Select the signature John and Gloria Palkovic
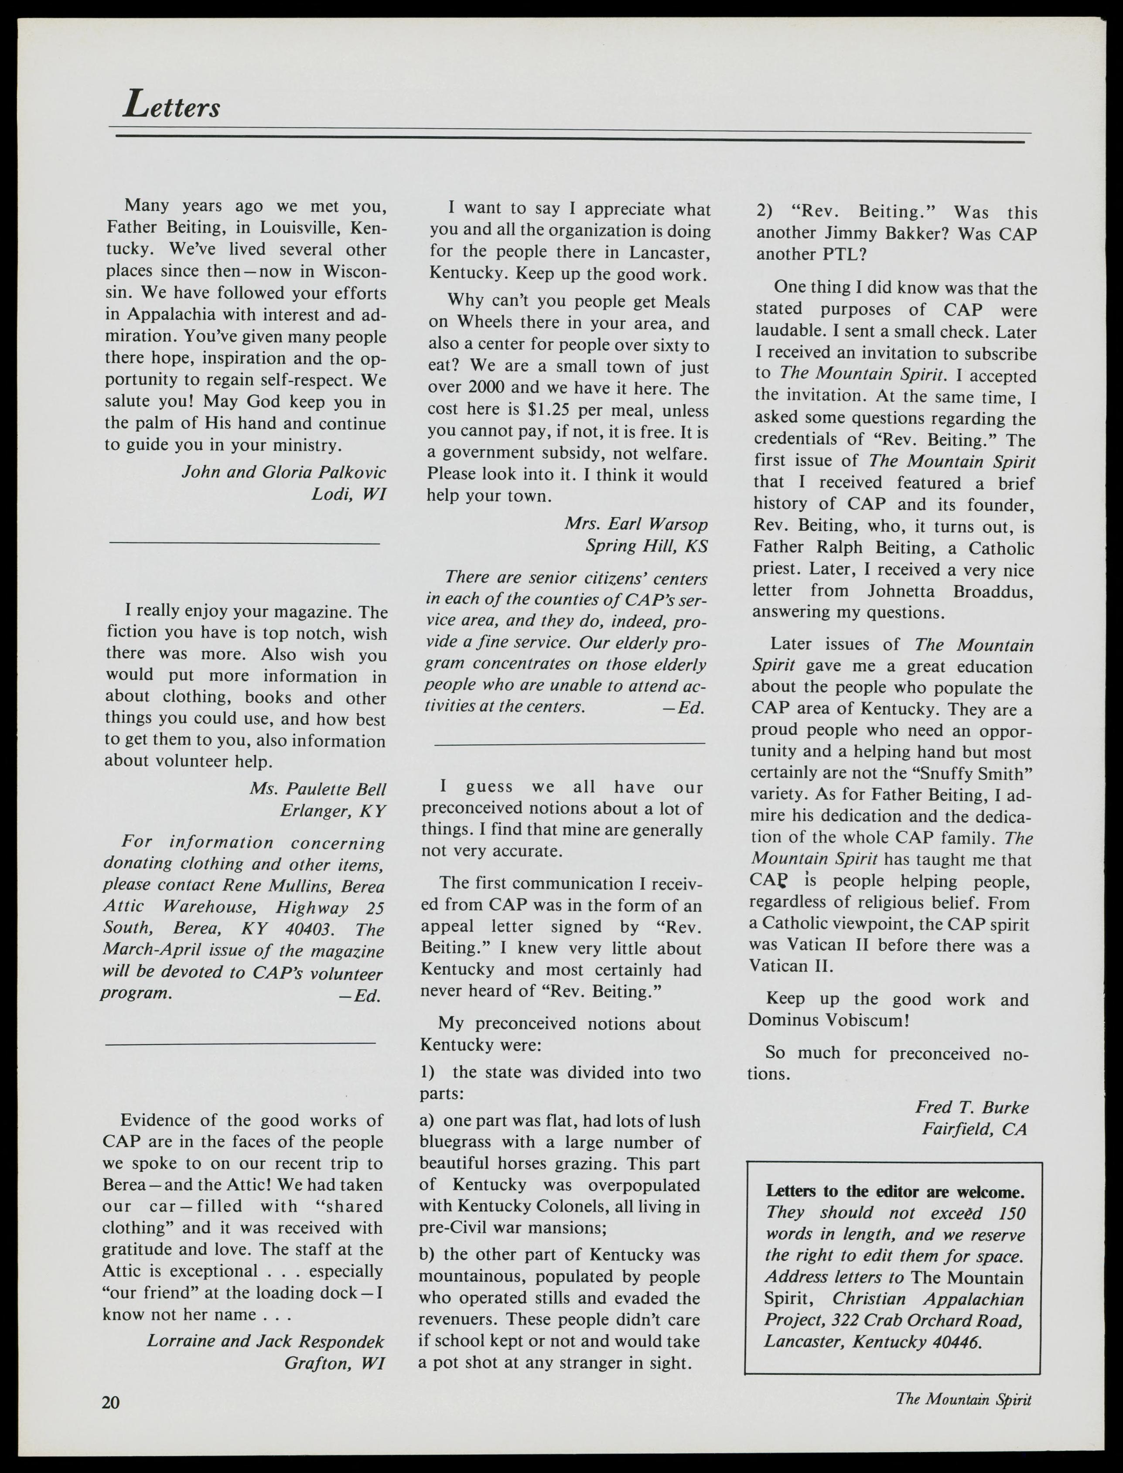coord(284,473)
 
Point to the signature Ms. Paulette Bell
coord(318,789)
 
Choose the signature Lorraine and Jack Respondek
coord(265,1341)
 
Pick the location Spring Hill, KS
coord(646,546)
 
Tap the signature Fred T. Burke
coord(972,1108)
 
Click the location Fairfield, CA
coord(974,1129)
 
